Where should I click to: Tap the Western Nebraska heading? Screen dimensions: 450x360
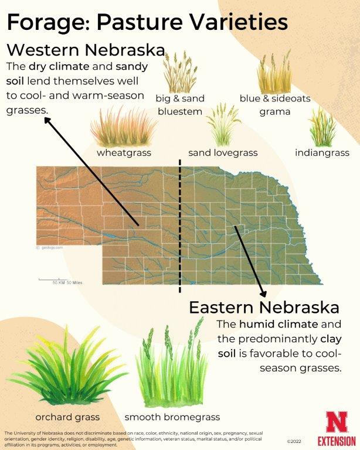85,48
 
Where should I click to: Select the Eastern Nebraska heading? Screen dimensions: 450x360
264,307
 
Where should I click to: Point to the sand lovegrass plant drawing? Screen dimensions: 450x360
223,124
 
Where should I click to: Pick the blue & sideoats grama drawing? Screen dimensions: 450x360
274,71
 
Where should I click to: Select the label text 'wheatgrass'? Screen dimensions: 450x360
124,153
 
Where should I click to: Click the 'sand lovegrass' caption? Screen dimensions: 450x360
223,153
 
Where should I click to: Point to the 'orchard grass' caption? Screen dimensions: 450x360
67,417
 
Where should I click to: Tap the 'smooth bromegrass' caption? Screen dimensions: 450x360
172,417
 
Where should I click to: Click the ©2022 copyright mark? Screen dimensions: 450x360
294,441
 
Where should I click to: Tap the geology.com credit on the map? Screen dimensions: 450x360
52,248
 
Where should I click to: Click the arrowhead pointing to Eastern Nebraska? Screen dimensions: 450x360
263,292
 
